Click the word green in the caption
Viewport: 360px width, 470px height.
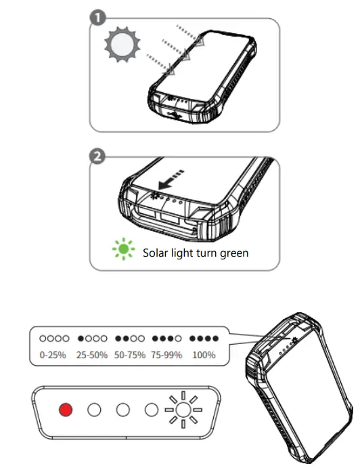click(227, 254)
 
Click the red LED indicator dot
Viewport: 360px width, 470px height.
click(65, 410)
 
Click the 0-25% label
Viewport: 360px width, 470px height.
click(53, 354)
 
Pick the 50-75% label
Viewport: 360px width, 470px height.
click(130, 354)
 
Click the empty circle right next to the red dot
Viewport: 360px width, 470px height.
click(94, 410)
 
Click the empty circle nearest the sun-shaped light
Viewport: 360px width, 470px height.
click(152, 410)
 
